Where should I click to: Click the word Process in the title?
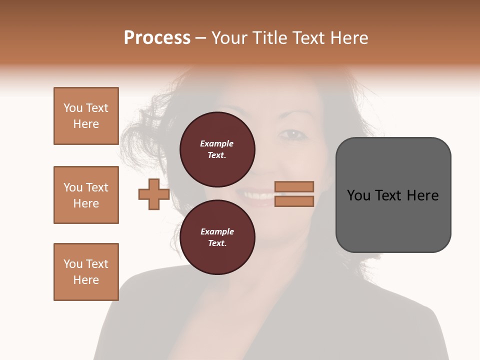[157, 38]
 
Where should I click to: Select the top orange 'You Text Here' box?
[86, 116]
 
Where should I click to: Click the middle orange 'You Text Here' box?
[86, 195]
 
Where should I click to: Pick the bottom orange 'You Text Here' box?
[86, 271]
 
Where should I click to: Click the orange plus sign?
[154, 194]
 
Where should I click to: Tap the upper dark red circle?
[217, 149]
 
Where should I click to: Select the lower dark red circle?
[217, 237]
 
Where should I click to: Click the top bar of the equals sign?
[294, 186]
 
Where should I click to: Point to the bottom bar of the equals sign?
[294, 201]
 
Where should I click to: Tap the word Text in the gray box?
[388, 195]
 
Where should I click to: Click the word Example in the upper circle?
[217, 143]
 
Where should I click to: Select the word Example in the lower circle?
[217, 231]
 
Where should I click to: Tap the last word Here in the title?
[348, 38]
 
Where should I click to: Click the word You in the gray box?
[358, 195]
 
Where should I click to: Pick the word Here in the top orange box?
[86, 124]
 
